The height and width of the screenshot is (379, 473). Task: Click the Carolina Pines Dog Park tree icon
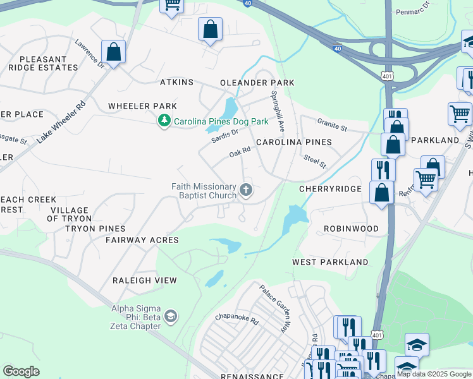[164, 120]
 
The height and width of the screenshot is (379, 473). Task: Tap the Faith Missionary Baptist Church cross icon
[246, 189]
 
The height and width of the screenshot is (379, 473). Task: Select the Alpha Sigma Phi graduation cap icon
[170, 316]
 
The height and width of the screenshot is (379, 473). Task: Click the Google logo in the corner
[21, 371]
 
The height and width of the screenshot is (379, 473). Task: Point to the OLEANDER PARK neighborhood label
[257, 83]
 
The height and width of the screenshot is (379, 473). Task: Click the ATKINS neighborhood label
[176, 83]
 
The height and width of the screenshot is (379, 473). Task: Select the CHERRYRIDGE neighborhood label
[329, 189]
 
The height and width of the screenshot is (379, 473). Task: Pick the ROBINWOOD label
[351, 229]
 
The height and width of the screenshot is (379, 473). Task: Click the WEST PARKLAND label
[330, 262]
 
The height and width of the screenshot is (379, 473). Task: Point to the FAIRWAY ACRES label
[142, 240]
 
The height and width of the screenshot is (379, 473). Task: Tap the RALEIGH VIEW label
[144, 280]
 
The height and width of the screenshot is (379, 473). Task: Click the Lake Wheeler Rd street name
[61, 123]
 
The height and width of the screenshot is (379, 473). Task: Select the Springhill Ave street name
[279, 111]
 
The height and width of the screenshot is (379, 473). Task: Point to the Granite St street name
[332, 126]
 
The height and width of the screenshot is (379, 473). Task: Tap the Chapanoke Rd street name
[237, 321]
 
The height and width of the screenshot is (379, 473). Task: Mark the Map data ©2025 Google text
[434, 374]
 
